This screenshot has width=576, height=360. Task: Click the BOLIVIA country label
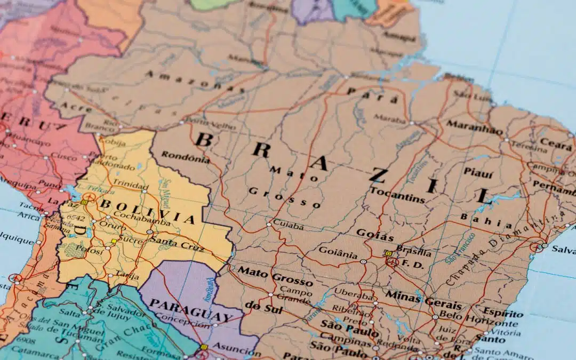tap(148, 211)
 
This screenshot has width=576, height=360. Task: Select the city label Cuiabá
tap(288, 226)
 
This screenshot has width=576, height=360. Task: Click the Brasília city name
tap(414, 252)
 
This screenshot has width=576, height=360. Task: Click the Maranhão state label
tap(474, 127)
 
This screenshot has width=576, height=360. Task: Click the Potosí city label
tap(74, 249)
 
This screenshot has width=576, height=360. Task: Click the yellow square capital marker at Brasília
tap(388, 254)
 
